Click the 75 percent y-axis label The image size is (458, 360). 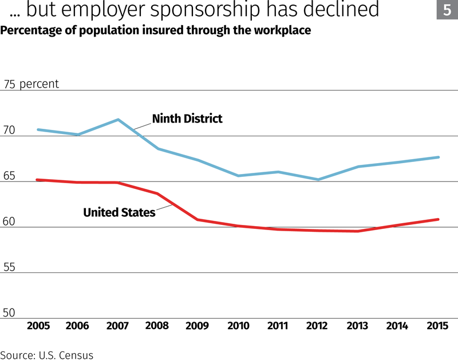[31, 84]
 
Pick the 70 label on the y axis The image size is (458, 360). [10, 130]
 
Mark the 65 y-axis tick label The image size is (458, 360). [10, 176]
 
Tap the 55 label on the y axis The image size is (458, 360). [10, 267]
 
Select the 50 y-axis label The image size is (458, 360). [10, 313]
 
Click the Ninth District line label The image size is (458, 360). [187, 119]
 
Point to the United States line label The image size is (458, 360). [119, 212]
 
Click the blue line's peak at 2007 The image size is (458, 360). [117, 120]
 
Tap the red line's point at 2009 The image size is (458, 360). [198, 219]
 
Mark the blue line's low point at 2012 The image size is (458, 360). [318, 180]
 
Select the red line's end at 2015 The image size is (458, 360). [438, 219]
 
